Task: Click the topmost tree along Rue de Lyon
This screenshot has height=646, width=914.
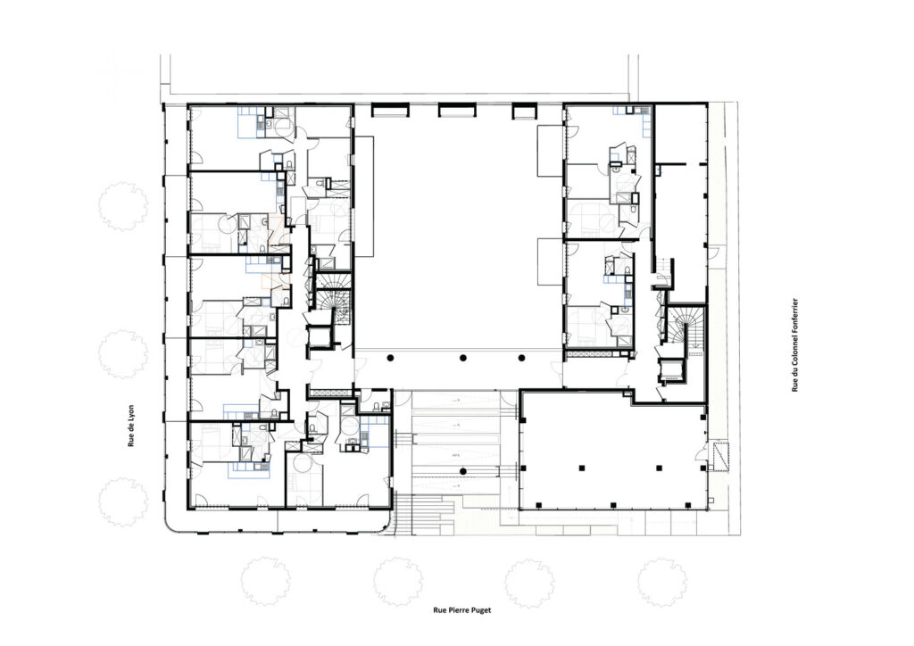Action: (x=122, y=206)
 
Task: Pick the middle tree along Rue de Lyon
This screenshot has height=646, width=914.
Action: (x=122, y=354)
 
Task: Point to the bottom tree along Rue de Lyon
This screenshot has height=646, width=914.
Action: (x=122, y=501)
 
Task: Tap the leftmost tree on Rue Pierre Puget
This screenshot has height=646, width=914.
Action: (x=265, y=581)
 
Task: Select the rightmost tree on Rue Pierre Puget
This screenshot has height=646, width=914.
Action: (x=661, y=582)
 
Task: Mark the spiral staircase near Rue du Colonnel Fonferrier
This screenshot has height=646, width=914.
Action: (x=685, y=325)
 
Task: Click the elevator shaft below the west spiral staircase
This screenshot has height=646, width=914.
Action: (x=319, y=336)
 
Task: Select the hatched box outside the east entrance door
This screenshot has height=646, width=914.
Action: (x=723, y=452)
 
